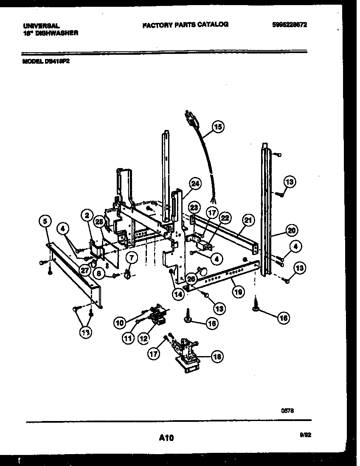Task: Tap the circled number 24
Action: tap(194, 183)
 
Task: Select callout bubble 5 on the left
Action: tap(45, 220)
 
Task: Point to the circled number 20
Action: tap(291, 231)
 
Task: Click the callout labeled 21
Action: tap(248, 220)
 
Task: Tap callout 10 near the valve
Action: tap(120, 323)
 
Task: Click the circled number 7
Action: tap(131, 257)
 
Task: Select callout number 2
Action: tap(87, 216)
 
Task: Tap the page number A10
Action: tap(166, 438)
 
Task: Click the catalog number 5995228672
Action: tap(289, 25)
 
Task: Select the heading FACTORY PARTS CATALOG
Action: tap(185, 25)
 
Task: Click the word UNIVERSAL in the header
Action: tap(41, 26)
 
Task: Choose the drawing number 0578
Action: tap(288, 410)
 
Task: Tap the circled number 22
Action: tap(225, 218)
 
